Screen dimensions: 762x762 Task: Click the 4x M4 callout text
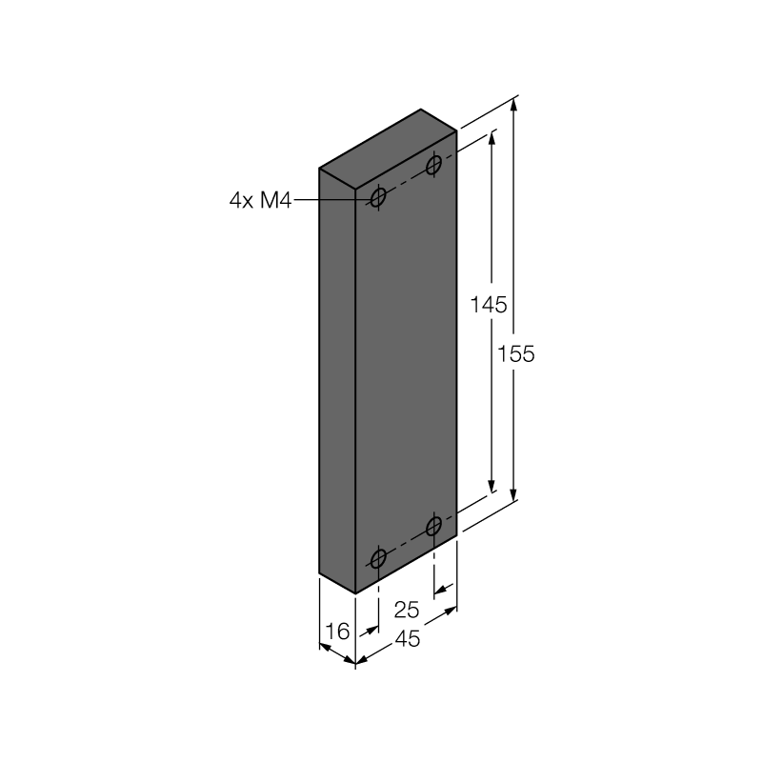260,200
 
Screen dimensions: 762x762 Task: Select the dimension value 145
489,305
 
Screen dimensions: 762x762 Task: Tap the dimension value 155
515,353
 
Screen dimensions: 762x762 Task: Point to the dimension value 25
407,610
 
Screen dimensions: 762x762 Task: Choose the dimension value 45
408,638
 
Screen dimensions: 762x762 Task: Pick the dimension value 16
337,632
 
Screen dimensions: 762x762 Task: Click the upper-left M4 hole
378,198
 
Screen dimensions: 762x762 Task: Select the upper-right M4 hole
433,166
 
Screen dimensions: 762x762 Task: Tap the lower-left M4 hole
378,558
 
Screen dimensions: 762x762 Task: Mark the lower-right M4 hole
433,526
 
